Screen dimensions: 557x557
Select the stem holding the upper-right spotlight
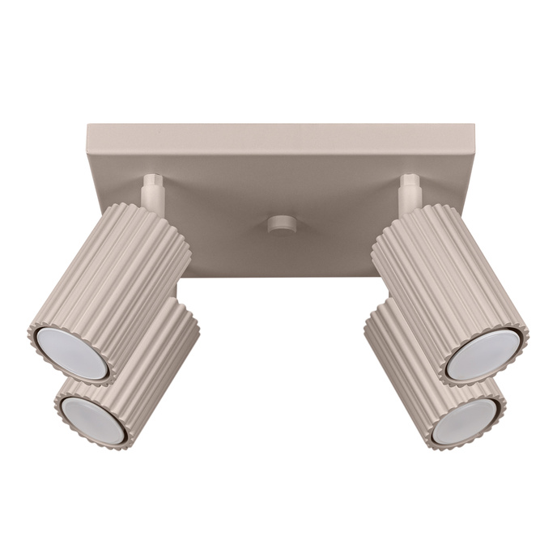click(410, 191)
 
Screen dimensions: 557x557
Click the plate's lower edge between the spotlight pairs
click(280, 276)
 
